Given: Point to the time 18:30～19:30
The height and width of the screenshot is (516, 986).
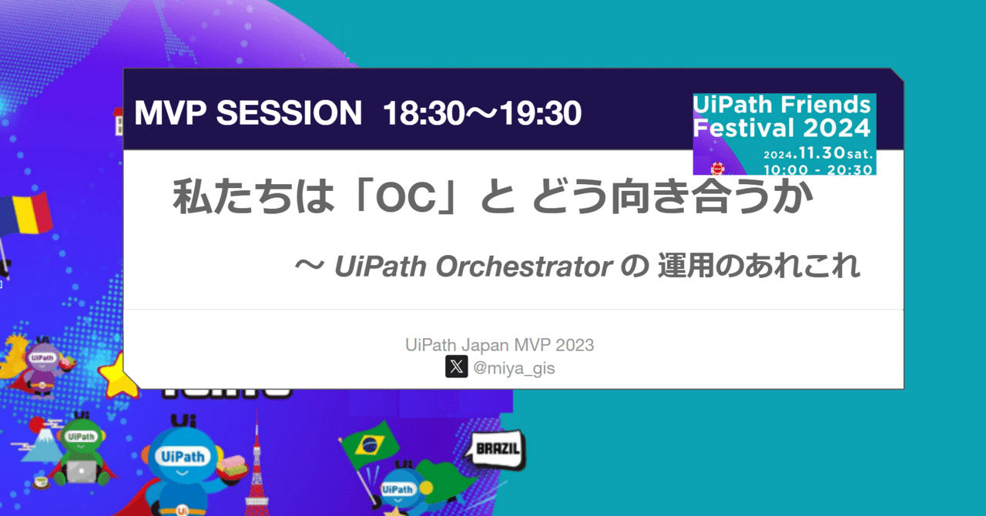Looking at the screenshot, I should [x=482, y=114].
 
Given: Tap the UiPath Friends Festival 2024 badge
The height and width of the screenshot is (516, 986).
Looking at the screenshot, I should [x=783, y=134].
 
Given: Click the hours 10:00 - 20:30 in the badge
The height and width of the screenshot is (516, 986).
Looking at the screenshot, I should [x=817, y=169].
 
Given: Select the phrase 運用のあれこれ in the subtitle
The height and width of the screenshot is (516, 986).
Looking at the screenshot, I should [x=759, y=267].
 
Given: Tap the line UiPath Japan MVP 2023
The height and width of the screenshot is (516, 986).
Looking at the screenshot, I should [x=499, y=345].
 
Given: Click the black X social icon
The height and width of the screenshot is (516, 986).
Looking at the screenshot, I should [x=456, y=367].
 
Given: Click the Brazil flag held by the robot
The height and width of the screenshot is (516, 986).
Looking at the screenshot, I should [x=370, y=444].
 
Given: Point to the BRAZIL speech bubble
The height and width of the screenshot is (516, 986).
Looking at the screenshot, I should [x=497, y=449].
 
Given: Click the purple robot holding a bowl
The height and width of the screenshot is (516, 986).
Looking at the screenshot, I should [x=44, y=366].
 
